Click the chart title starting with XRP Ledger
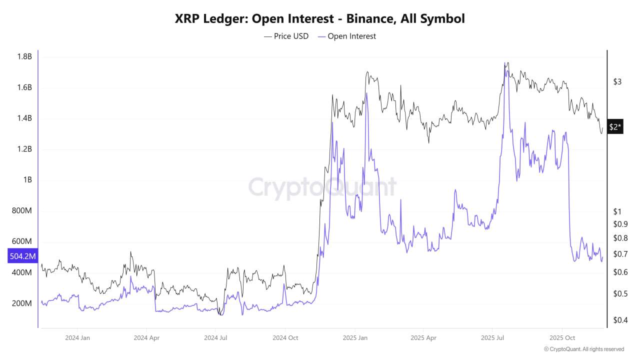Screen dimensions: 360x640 click(x=319, y=19)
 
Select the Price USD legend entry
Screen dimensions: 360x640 click(x=286, y=36)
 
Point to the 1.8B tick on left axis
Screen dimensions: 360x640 click(x=23, y=56)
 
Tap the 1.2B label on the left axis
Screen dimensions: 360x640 click(x=23, y=149)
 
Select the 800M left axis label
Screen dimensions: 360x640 click(x=21, y=211)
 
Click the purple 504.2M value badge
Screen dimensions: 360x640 click(x=23, y=256)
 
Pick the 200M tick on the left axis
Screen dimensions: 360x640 click(x=21, y=303)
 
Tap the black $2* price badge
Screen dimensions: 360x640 click(x=615, y=127)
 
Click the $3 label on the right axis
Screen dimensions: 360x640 click(x=617, y=81)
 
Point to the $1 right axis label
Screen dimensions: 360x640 click(x=617, y=211)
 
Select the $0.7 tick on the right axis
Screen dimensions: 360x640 click(x=620, y=254)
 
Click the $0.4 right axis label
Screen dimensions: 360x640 click(x=620, y=319)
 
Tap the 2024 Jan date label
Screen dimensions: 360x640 click(x=77, y=337)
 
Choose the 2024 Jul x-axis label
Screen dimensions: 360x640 click(x=216, y=337)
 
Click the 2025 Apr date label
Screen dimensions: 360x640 click(x=423, y=337)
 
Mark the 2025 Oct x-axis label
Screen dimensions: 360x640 click(x=562, y=337)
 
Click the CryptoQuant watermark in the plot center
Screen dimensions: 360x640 click(x=322, y=187)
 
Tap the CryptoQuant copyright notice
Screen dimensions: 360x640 click(x=583, y=349)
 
